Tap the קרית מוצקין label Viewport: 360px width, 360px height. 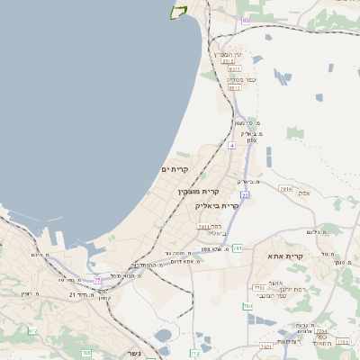pyautogui.click(x=199, y=191)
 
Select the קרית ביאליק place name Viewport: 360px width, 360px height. pyautogui.click(x=216, y=206)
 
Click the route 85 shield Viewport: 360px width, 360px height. pyautogui.click(x=246, y=20)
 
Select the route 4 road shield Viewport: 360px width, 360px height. pyautogui.click(x=231, y=144)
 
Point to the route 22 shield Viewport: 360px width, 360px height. pyautogui.click(x=244, y=194)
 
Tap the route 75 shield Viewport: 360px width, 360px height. pyautogui.click(x=97, y=282)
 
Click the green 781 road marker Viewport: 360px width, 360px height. pyautogui.click(x=238, y=247)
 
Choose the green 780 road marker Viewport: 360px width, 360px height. pyautogui.click(x=248, y=308)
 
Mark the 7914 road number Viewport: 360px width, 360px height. pyautogui.click(x=284, y=189)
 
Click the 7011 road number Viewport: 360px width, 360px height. pyautogui.click(x=203, y=227)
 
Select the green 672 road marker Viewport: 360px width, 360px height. pyautogui.click(x=32, y=331)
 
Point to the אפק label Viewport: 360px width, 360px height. pyautogui.click(x=304, y=193)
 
